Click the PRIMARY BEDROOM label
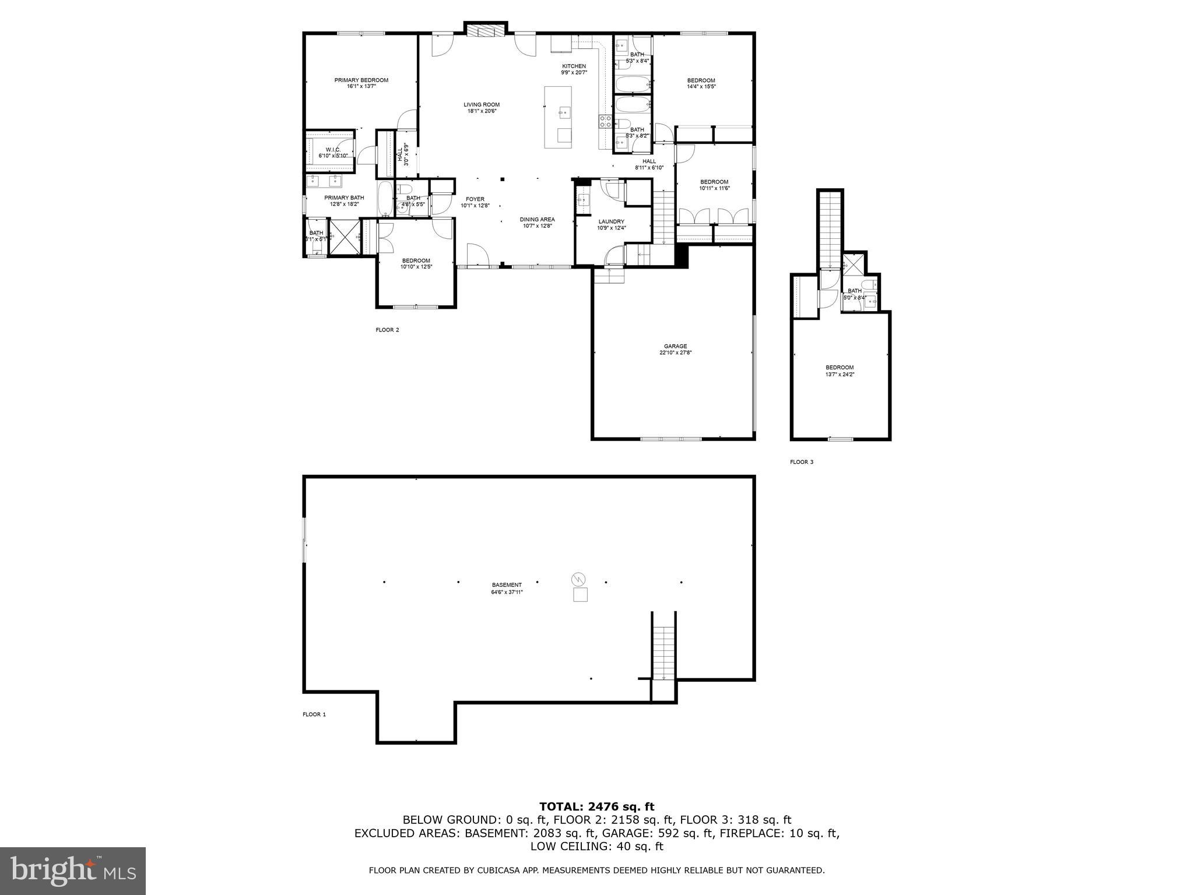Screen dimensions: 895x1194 [361, 80]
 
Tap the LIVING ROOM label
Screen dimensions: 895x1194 [482, 105]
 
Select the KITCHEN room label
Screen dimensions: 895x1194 [574, 66]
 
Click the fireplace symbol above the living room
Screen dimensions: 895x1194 [486, 31]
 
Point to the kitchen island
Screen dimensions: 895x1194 [558, 117]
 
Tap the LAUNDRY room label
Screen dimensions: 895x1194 [611, 221]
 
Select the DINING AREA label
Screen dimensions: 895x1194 [537, 220]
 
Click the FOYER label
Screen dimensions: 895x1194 [475, 199]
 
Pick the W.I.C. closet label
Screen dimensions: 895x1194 [333, 150]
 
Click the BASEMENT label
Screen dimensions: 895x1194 [507, 585]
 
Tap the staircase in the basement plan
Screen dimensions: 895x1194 [663, 653]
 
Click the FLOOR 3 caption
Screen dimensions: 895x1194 [801, 462]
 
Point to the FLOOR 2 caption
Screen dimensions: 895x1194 [387, 330]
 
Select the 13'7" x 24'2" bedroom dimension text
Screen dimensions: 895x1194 [840, 375]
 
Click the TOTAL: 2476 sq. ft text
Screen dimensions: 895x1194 [596, 807]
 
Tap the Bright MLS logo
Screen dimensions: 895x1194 [73, 871]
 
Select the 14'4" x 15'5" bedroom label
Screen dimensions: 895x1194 [701, 83]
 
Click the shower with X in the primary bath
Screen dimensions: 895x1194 [344, 237]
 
